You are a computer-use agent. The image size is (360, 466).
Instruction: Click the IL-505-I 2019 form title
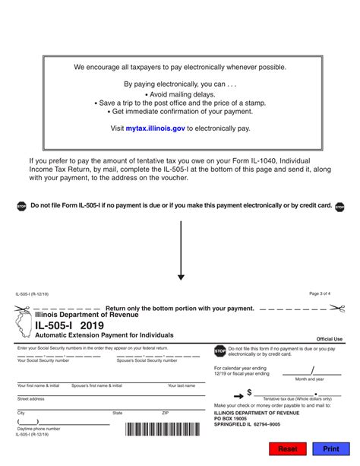pos(69,325)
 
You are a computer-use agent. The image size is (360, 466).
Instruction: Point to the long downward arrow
pos(181,251)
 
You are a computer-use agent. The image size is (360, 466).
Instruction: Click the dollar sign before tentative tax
pos(249,393)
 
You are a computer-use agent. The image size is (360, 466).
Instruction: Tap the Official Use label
pos(330,339)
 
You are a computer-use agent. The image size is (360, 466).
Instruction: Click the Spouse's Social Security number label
pos(141,360)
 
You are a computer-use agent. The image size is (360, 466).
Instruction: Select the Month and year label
pos(310,379)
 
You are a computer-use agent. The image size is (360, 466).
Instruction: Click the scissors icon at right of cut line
pos(337,308)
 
